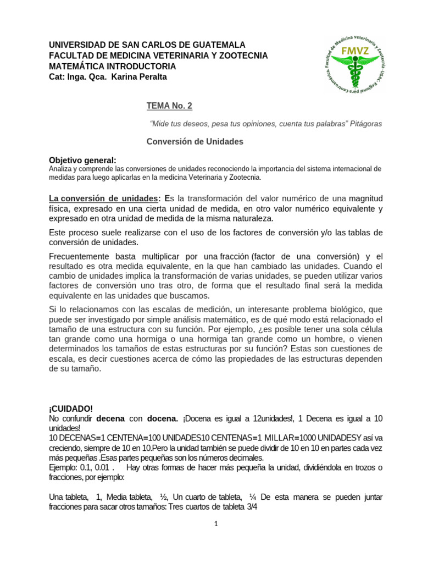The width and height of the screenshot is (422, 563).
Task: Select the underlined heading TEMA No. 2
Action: tap(169, 106)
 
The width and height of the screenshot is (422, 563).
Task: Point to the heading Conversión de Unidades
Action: tap(195, 141)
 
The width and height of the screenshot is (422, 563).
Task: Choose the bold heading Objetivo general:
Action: tap(82, 159)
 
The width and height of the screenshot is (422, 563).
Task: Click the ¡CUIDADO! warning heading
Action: tap(71, 409)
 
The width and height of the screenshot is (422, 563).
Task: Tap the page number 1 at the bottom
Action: tap(216, 524)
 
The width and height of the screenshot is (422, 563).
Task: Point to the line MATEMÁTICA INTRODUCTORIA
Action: tap(113, 66)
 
